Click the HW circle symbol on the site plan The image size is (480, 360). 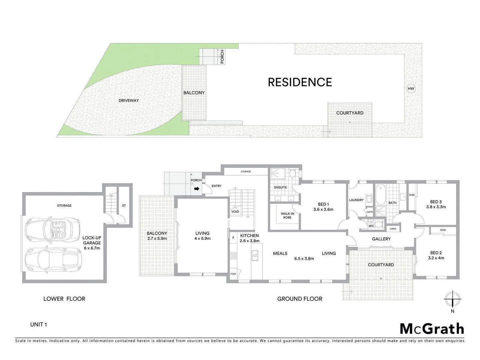coord(411,88)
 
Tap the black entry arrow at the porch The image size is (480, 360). coord(197,189)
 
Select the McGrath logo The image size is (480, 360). coord(432,329)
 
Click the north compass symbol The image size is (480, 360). coord(452,299)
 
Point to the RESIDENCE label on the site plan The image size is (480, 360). coord(300,82)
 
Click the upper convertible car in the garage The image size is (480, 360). coord(52,230)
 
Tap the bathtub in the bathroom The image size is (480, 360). coord(380,195)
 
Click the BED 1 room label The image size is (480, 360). coord(323,204)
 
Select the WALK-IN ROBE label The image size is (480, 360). coord(287,216)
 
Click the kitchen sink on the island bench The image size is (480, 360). coord(255,255)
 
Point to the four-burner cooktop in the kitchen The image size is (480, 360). coord(233,256)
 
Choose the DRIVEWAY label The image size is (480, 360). coord(129,100)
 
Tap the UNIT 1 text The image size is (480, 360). coord(39,324)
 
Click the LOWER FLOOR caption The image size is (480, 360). coord(64,299)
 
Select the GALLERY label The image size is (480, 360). coord(381,239)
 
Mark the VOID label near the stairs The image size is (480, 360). coord(235,212)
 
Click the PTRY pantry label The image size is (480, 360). coord(233,274)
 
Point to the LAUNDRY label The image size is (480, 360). coord(356,200)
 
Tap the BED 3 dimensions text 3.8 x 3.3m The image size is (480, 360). coord(436,207)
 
